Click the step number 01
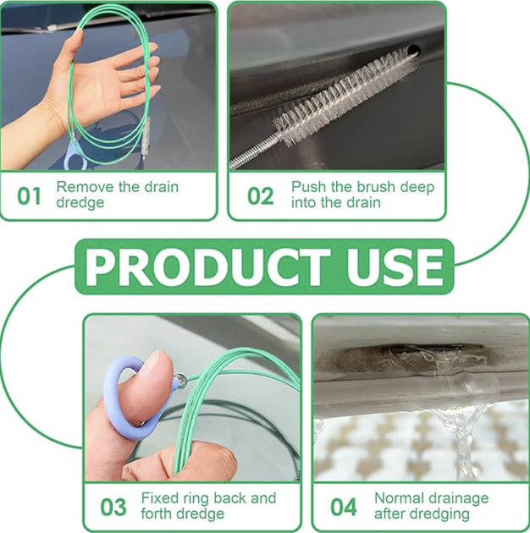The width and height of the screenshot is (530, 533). [x=29, y=195]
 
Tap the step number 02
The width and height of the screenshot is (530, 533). [x=260, y=195]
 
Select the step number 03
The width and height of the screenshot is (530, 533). [x=113, y=507]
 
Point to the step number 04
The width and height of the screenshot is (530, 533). [x=344, y=507]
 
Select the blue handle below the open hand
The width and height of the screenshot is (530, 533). [x=75, y=156]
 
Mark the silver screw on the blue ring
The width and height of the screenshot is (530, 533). [x=181, y=379]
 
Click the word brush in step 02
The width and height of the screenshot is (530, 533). [x=370, y=187]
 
